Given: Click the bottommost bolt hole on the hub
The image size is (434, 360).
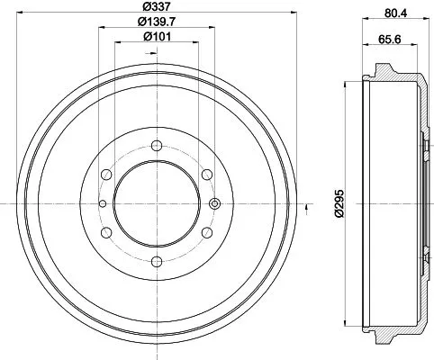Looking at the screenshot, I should tap(157, 262).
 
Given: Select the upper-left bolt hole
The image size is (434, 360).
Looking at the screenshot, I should tap(106, 174).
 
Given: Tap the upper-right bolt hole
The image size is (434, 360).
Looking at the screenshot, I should tap(207, 174).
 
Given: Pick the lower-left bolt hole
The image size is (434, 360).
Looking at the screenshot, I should tap(106, 232).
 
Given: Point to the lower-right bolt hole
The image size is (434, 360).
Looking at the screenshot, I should tap(207, 232).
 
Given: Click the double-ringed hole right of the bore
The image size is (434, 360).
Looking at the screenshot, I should tap(214, 203).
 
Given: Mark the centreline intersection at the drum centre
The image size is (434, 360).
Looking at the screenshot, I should tap(157, 203).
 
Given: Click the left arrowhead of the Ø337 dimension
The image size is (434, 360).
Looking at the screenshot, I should tap(20, 14).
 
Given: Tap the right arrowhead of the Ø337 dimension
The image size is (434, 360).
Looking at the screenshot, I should tap(294, 14).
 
